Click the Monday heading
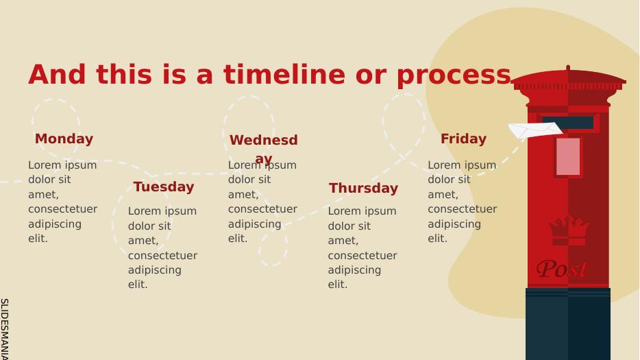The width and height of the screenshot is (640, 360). click(x=64, y=139)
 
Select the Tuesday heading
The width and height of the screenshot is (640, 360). click(x=164, y=187)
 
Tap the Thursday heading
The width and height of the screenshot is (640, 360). click(x=363, y=188)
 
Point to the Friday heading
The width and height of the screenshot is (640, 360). click(x=463, y=139)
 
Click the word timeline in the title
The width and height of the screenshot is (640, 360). click(x=284, y=75)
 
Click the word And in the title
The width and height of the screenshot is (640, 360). click(x=57, y=75)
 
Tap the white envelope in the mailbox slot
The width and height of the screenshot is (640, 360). click(x=535, y=130)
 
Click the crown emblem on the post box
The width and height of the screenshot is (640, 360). click(x=569, y=230)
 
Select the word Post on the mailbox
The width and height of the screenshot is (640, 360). click(x=562, y=269)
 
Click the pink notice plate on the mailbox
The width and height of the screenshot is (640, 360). click(x=568, y=156)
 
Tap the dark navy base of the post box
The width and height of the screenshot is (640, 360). click(x=568, y=324)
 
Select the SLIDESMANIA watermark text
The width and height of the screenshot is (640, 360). click(x=5, y=329)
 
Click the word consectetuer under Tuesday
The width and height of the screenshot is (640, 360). click(x=162, y=255)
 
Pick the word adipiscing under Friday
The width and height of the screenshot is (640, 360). click(x=454, y=224)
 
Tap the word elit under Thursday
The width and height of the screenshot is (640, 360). click(x=338, y=285)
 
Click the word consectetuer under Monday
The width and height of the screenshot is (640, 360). click(x=62, y=209)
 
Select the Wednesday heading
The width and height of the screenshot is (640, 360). click(x=264, y=149)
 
